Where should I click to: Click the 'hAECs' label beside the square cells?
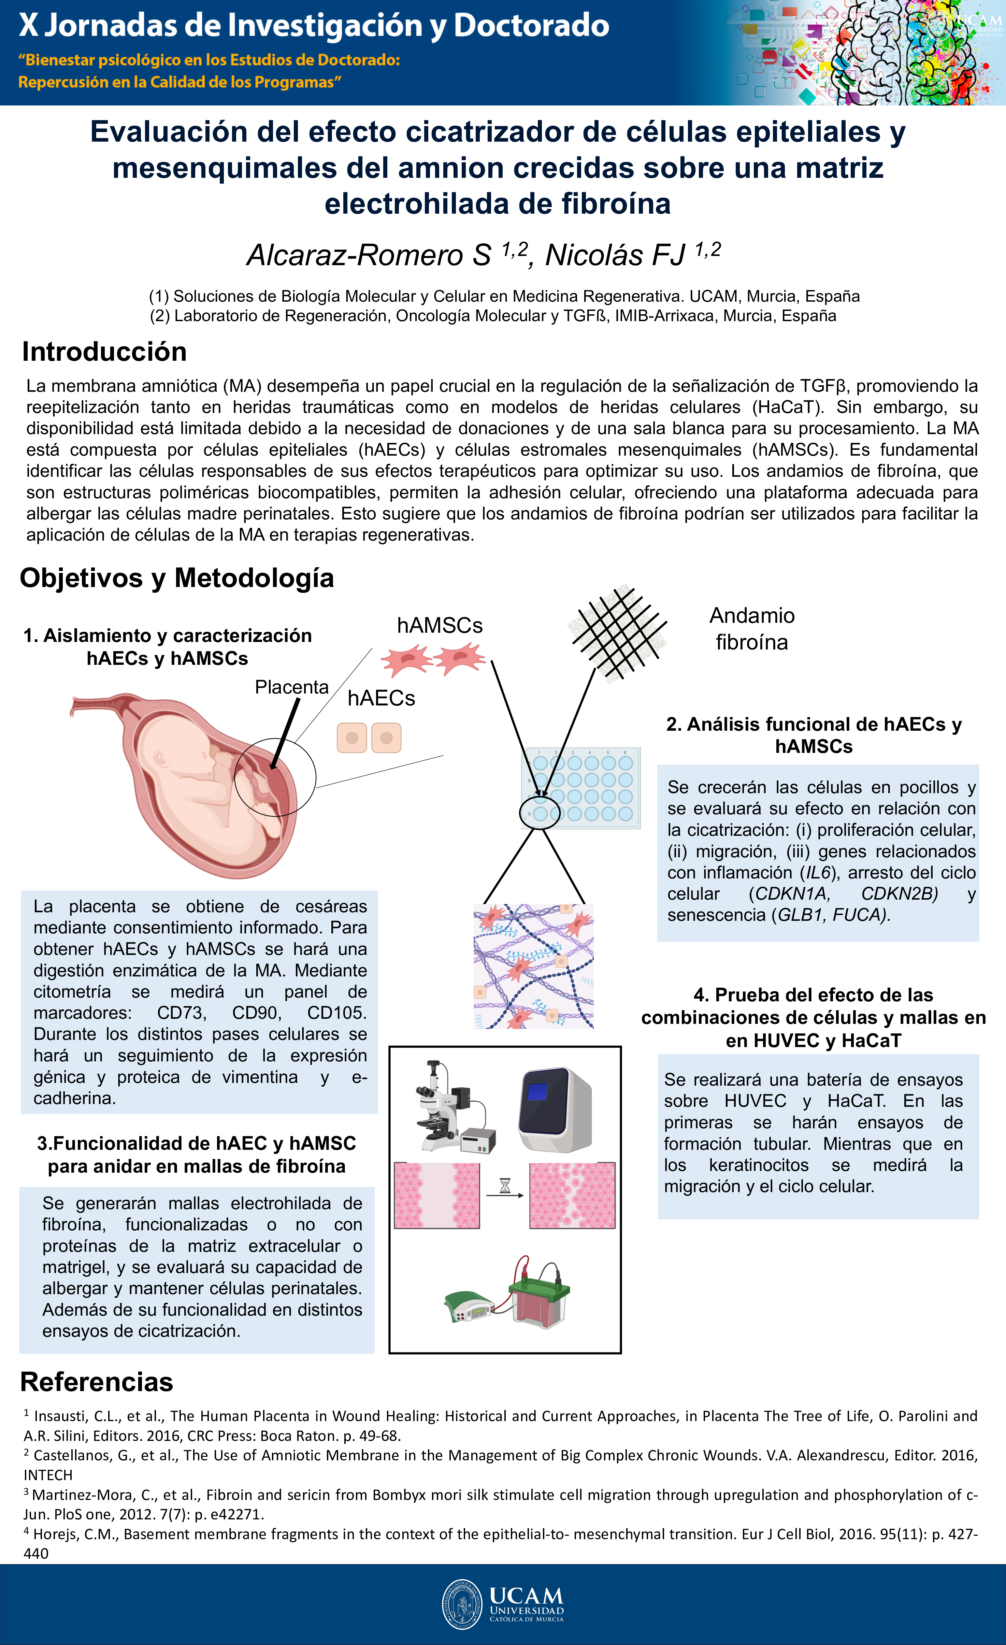point(381,698)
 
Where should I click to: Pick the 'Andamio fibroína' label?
point(752,629)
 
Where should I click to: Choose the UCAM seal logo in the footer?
point(462,1604)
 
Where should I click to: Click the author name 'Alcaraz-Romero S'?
point(369,256)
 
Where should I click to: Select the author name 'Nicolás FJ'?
point(615,256)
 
